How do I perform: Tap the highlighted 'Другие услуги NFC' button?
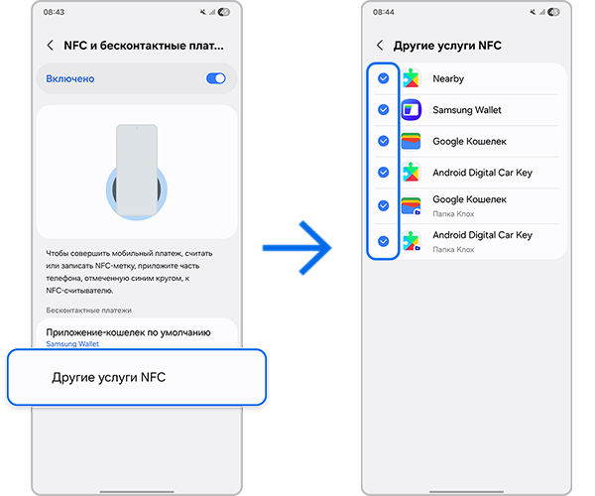point(136,377)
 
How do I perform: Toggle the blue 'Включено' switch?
point(215,78)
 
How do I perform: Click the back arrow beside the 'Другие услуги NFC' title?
point(380,46)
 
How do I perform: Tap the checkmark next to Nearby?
point(384,79)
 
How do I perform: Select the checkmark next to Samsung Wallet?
point(384,110)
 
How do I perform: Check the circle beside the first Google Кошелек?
point(384,142)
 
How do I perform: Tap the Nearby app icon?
point(412,79)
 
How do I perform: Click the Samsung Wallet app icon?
point(412,110)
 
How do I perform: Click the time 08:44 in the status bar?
point(383,12)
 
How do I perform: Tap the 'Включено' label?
point(70,78)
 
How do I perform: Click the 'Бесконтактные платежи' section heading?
point(88,310)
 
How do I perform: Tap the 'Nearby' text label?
point(448,79)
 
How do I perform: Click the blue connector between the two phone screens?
point(298,247)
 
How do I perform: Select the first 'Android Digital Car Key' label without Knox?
point(482,173)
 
